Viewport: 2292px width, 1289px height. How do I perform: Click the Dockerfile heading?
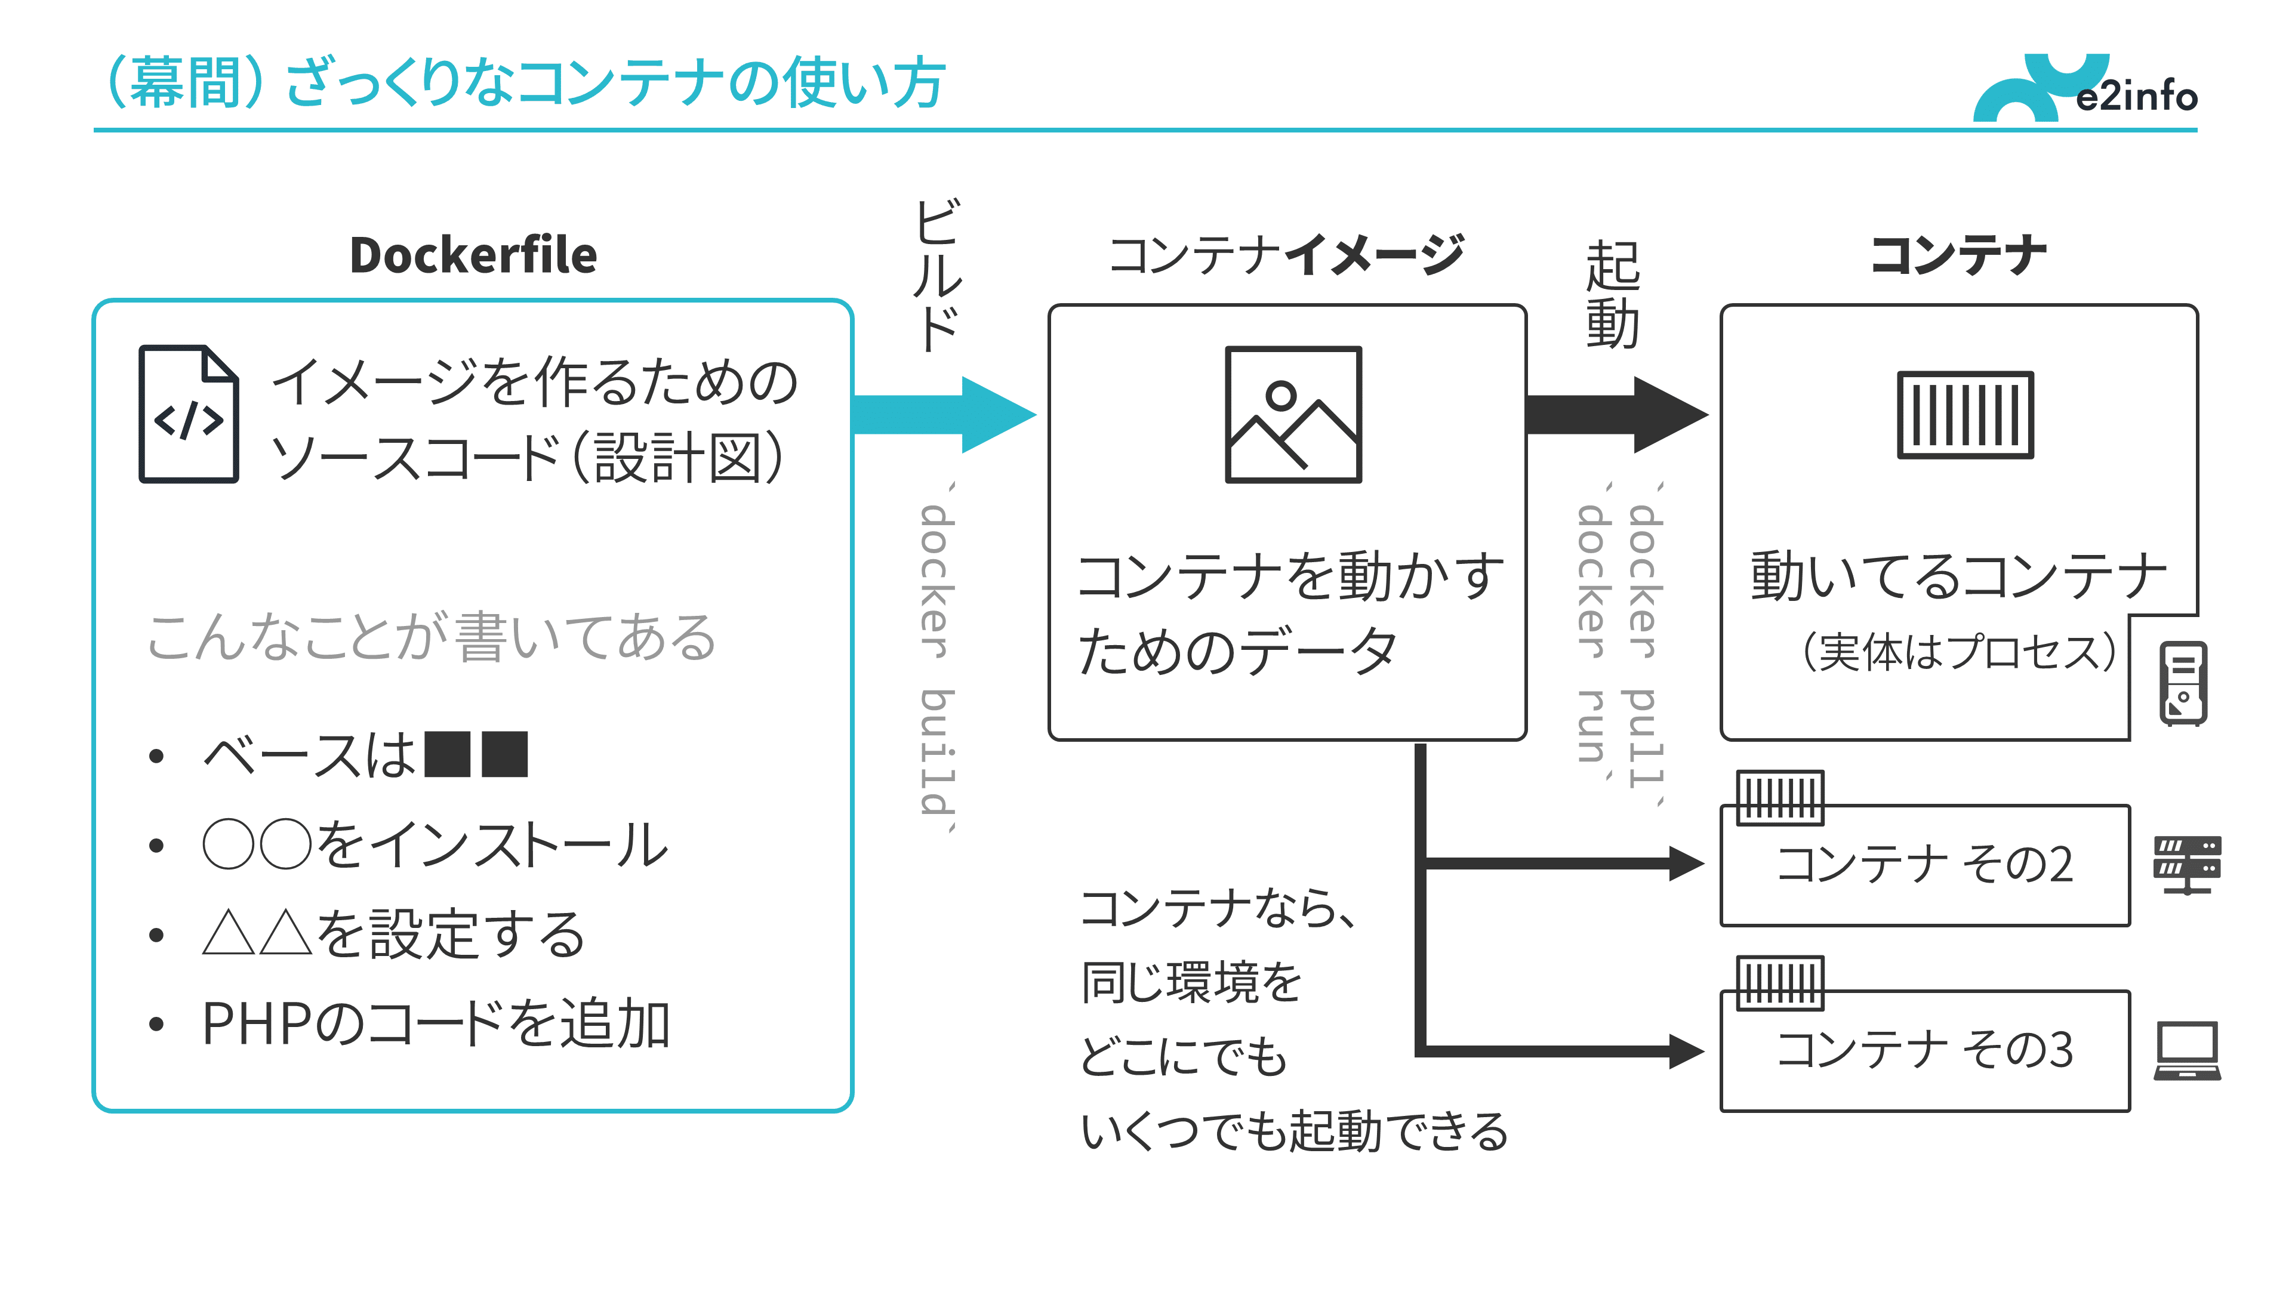[473, 255]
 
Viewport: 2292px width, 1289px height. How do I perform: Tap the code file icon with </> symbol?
[189, 415]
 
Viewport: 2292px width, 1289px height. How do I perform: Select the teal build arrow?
[943, 415]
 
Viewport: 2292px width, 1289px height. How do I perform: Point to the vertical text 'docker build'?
[937, 658]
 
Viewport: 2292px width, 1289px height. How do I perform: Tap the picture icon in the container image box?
[1293, 415]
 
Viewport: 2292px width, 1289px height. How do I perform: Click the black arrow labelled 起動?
[1615, 415]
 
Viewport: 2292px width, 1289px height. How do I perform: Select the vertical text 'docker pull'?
[1643, 645]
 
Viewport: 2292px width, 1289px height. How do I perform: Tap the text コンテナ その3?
[1924, 1050]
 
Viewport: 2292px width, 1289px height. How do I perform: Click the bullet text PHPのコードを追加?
[436, 1024]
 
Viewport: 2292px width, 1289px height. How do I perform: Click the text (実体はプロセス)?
[1958, 652]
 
